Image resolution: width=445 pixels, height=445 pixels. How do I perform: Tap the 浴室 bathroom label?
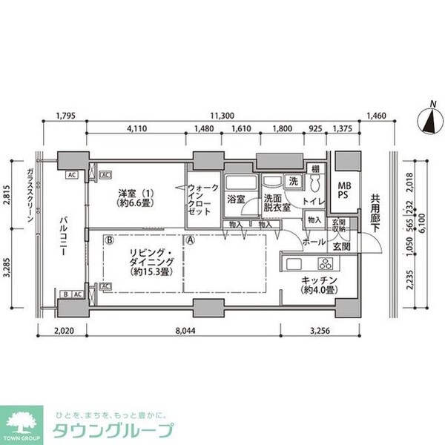237,200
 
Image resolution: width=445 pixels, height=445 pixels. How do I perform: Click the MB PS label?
346,189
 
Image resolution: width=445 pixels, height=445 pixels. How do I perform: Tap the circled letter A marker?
190,240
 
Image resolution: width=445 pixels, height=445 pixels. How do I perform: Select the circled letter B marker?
108,240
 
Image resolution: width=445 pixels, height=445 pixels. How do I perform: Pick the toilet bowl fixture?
314,182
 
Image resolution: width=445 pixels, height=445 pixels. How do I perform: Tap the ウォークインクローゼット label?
202,199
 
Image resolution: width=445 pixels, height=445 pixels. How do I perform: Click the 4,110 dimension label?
136,129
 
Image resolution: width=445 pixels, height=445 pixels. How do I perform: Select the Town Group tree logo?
23,423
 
